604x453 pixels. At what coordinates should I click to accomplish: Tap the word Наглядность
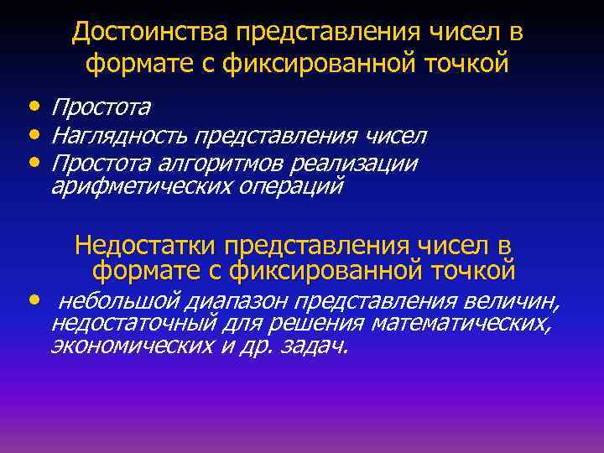click(120, 135)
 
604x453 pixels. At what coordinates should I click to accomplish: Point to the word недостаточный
click(135, 323)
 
